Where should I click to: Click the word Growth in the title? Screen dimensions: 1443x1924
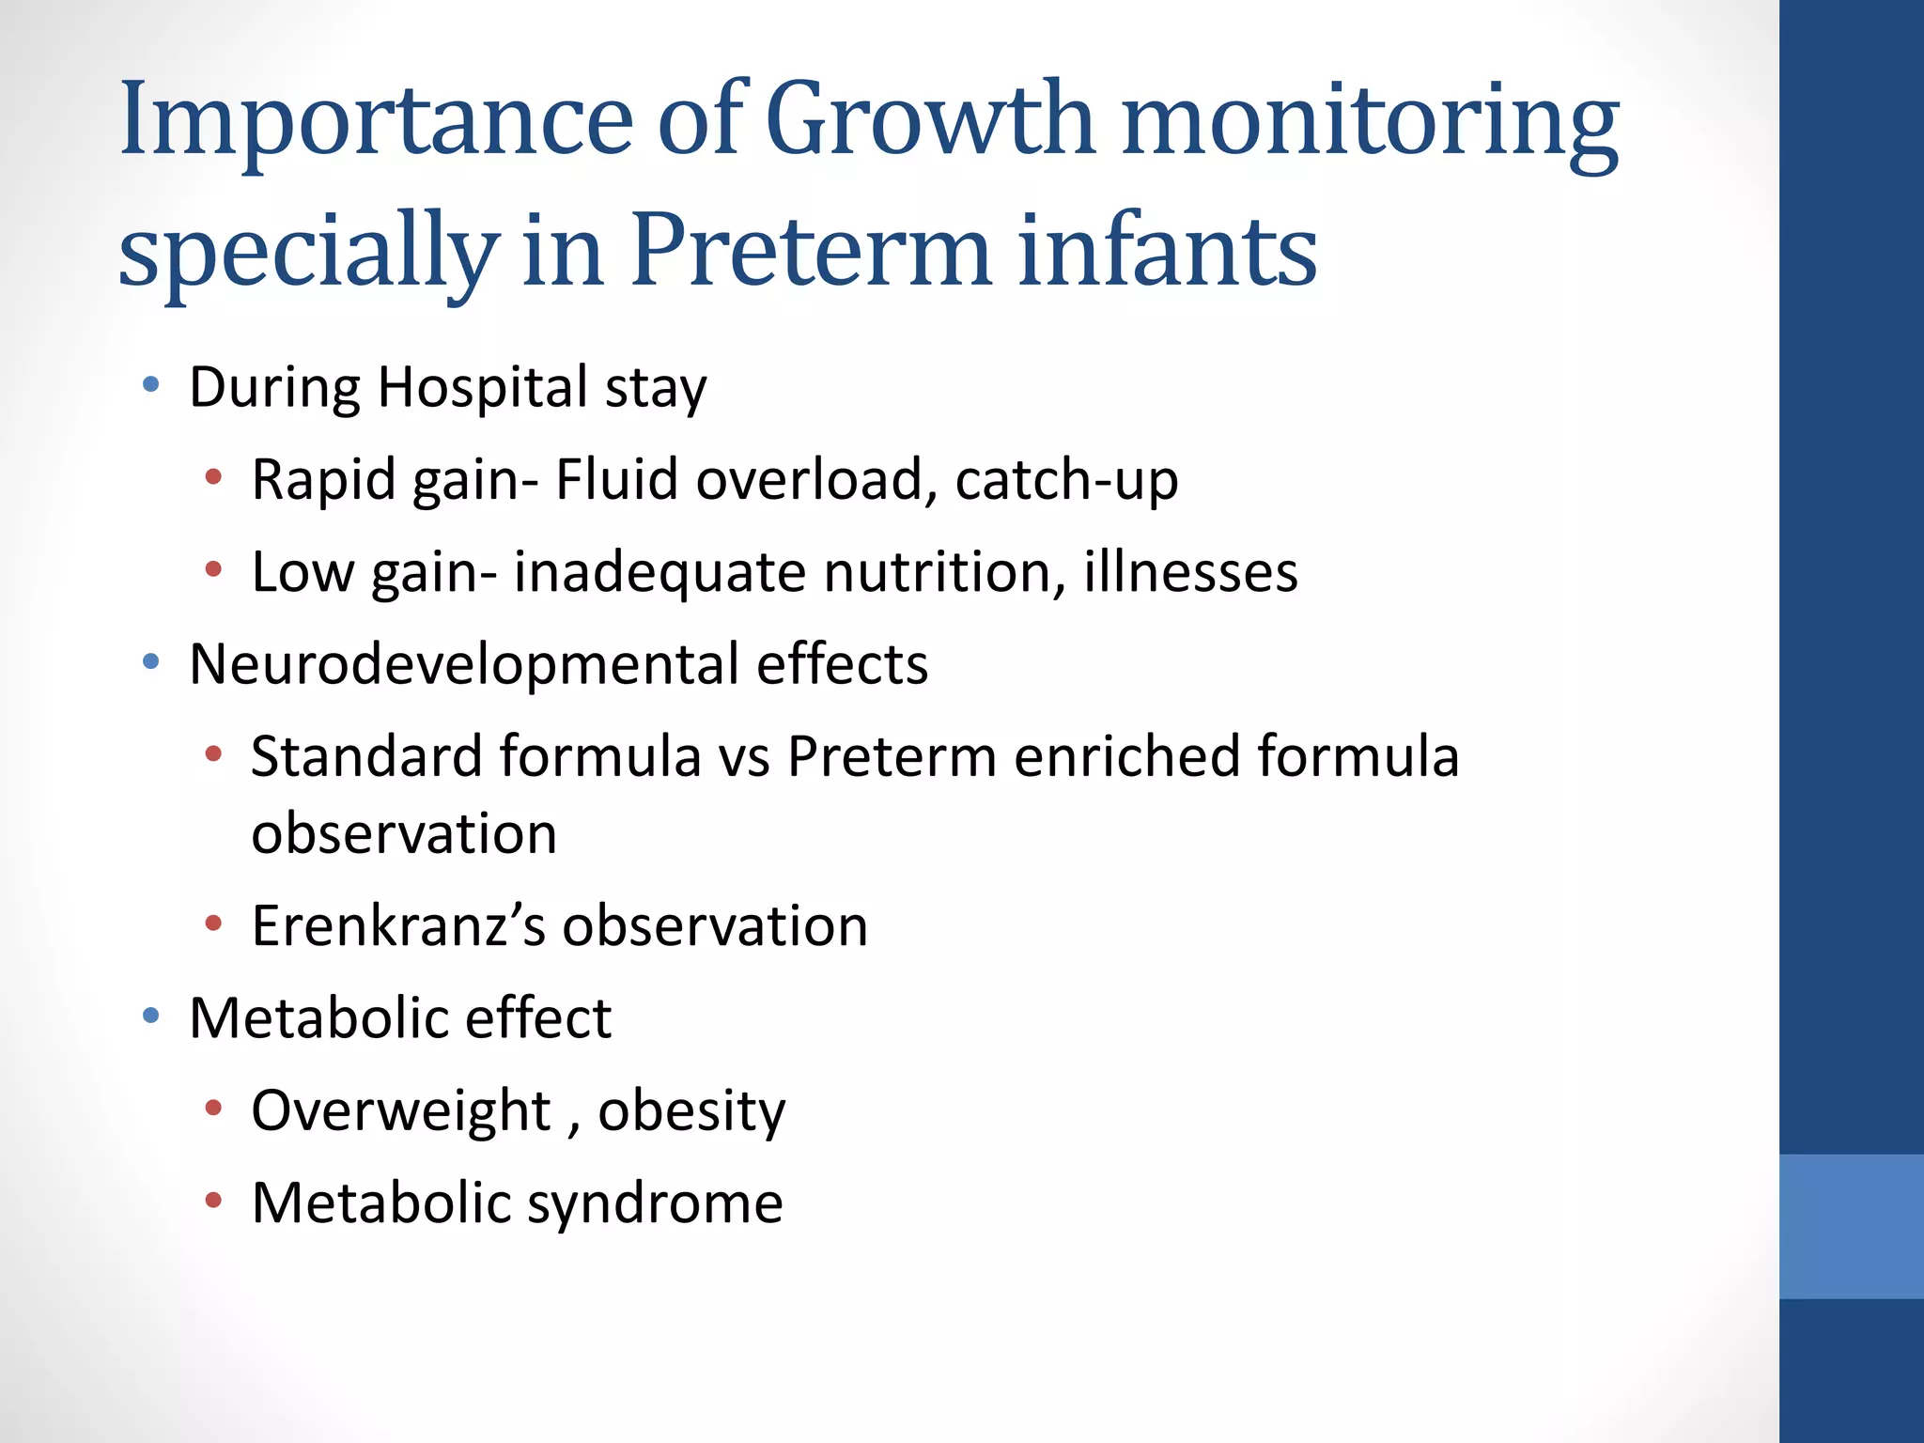(x=930, y=120)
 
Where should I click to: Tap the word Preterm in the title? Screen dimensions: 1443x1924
(x=810, y=251)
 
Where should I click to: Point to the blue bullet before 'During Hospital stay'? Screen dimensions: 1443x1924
(x=150, y=384)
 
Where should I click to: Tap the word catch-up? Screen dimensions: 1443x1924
(x=1066, y=479)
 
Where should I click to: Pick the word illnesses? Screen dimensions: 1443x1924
(x=1190, y=571)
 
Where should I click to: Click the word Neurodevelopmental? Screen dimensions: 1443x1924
(x=464, y=663)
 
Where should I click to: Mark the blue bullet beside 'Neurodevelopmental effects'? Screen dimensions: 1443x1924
(x=150, y=662)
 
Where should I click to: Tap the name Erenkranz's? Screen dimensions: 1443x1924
(x=398, y=925)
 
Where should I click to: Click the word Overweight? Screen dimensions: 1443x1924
(x=400, y=1110)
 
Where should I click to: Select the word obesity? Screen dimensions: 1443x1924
(x=691, y=1110)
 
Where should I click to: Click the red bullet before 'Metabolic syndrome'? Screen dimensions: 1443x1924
(x=213, y=1201)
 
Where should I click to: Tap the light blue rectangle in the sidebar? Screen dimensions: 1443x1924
(x=1851, y=1226)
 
